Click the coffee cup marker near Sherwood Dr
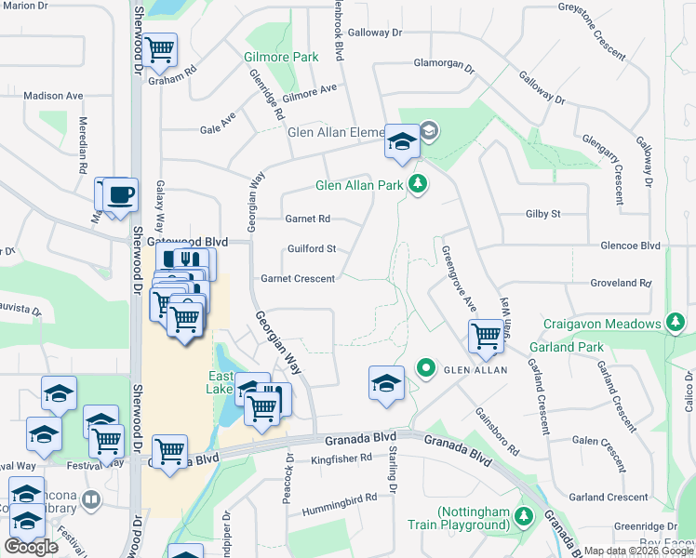tap(120, 195)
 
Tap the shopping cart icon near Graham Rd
tap(160, 48)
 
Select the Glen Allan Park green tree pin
tap(419, 184)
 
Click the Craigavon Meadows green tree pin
tap(676, 324)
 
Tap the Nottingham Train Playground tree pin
tap(524, 515)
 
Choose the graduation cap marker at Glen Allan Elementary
tap(402, 141)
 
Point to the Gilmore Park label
tap(281, 57)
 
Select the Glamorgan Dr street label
tap(444, 67)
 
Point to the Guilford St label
tap(311, 249)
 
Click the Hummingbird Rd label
tap(339, 498)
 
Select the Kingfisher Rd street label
tap(341, 458)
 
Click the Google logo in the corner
tap(31, 547)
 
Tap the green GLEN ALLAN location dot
tap(426, 369)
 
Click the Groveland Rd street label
tap(620, 282)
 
